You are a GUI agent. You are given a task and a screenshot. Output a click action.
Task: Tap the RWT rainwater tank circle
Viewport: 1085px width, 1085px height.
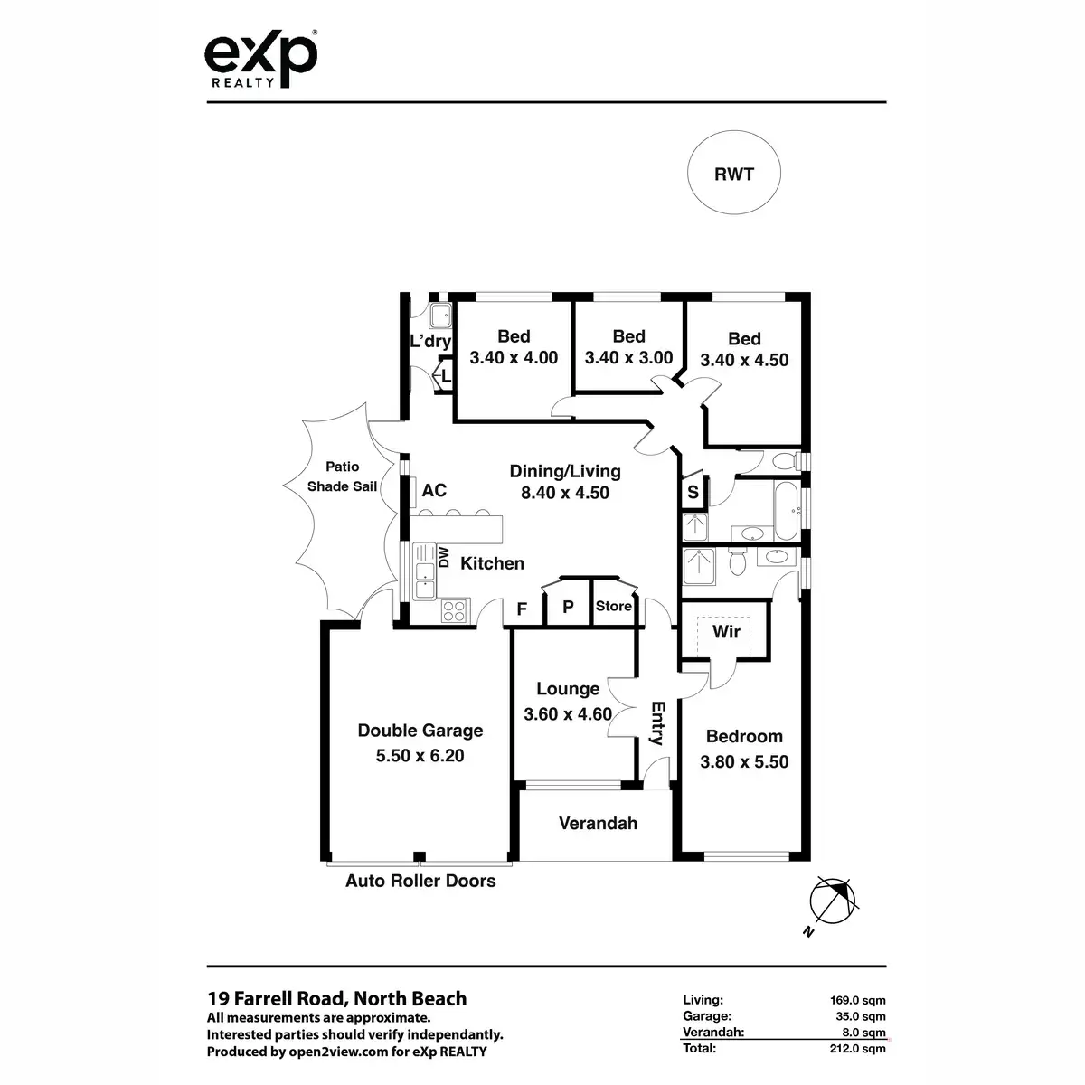[x=733, y=175]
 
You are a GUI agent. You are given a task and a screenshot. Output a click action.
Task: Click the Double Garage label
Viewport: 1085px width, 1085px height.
[x=420, y=731]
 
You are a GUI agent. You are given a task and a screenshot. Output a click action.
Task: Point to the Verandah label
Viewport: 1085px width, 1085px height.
[x=598, y=823]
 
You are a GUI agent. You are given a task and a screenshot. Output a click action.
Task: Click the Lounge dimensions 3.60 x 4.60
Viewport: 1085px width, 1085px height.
[x=568, y=714]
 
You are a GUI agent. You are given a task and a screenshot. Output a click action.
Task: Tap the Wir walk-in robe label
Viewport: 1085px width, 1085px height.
[x=726, y=631]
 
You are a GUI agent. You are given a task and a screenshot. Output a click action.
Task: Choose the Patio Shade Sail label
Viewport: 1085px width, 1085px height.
[x=342, y=476]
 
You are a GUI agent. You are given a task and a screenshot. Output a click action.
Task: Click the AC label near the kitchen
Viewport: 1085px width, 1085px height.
[x=434, y=490]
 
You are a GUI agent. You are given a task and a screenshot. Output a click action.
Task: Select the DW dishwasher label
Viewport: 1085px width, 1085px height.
[x=444, y=557]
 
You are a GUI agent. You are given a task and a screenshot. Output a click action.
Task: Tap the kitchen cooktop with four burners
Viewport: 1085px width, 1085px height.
[x=454, y=611]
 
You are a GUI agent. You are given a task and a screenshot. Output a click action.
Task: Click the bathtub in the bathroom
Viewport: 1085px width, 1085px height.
[x=785, y=509]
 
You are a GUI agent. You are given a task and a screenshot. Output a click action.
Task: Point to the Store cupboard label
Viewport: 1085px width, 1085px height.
[x=613, y=606]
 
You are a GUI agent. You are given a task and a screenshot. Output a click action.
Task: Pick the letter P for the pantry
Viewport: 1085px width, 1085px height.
[x=568, y=608]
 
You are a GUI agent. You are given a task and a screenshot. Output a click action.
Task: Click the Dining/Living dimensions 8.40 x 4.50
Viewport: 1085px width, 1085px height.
[x=565, y=493]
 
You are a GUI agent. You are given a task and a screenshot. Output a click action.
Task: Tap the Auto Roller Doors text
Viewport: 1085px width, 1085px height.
[x=420, y=881]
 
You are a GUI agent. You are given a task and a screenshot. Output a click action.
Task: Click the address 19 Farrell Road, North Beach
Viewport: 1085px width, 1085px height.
[x=337, y=998]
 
